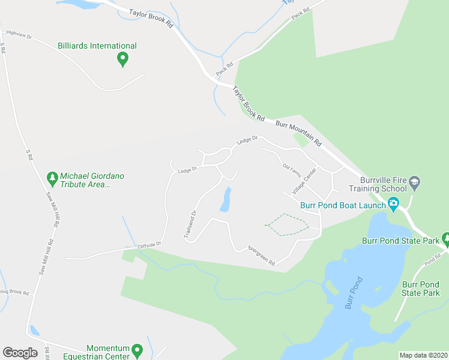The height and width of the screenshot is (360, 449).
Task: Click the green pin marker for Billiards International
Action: pyautogui.click(x=122, y=59)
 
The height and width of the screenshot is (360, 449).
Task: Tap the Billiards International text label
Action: pyautogui.click(x=97, y=46)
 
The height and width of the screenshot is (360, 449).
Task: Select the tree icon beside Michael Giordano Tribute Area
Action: pyautogui.click(x=52, y=178)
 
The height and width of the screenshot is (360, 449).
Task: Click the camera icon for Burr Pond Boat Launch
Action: pyautogui.click(x=393, y=205)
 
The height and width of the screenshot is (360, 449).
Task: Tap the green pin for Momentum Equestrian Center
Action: pyautogui.click(x=137, y=350)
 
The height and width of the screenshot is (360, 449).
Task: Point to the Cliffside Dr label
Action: pyautogui.click(x=149, y=245)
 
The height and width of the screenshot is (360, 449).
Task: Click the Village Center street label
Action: pyautogui.click(x=304, y=181)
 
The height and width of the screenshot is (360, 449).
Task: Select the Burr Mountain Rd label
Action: pyautogui.click(x=299, y=134)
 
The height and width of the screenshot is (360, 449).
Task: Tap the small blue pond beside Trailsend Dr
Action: pyautogui.click(x=226, y=200)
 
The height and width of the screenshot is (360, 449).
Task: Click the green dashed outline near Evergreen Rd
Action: pyautogui.click(x=286, y=224)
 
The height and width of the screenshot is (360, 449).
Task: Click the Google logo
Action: pyautogui.click(x=20, y=353)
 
